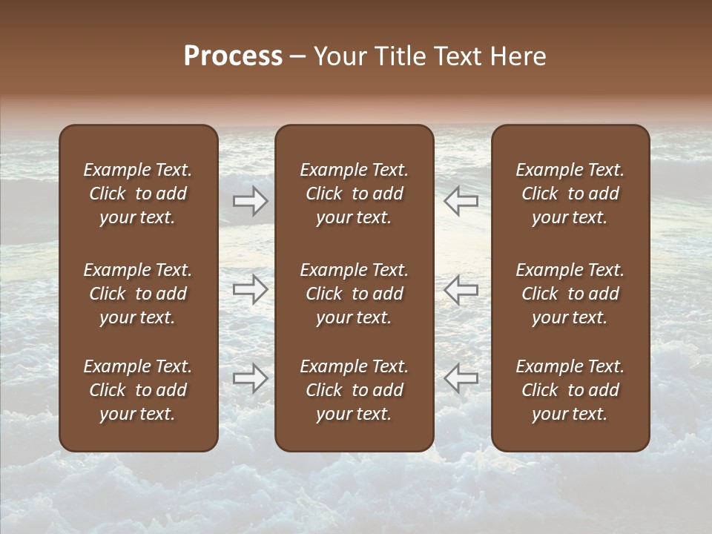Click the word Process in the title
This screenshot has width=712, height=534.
(x=233, y=56)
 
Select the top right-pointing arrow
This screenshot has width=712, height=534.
(x=251, y=200)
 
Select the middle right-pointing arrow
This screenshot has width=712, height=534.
(x=251, y=289)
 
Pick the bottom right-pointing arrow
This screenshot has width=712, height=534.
(x=251, y=379)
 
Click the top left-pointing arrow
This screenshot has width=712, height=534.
(x=461, y=200)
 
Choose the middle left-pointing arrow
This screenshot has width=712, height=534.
(x=461, y=289)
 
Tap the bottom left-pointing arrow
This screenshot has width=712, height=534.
(x=461, y=379)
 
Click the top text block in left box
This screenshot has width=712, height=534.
(x=138, y=194)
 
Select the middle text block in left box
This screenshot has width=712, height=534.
(x=138, y=294)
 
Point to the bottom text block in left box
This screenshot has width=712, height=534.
(x=138, y=390)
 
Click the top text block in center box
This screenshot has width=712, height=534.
(x=355, y=194)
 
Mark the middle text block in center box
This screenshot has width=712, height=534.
(x=355, y=294)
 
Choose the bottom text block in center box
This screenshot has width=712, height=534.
(x=355, y=390)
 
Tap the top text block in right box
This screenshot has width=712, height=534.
(x=570, y=194)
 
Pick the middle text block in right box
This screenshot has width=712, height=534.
(x=570, y=294)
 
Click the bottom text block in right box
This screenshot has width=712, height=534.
(x=570, y=390)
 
